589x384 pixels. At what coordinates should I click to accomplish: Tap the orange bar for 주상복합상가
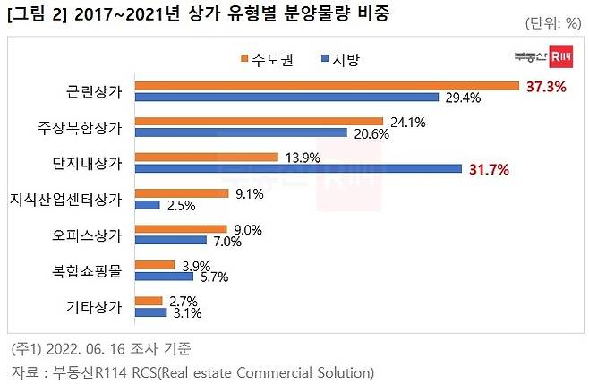coord(259,121)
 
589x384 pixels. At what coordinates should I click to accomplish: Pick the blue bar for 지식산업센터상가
coord(148,205)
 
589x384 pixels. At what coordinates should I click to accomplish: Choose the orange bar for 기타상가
coord(148,301)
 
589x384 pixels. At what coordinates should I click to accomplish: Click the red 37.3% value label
coord(544,86)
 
